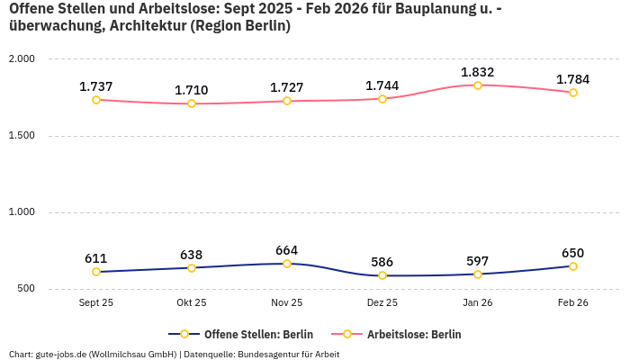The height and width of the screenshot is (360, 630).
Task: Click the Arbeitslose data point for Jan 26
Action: coord(478,85)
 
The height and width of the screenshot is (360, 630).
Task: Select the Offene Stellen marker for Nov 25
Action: coord(287,264)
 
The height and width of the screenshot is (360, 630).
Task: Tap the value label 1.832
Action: coord(478,72)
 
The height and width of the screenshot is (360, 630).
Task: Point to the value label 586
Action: coord(382,262)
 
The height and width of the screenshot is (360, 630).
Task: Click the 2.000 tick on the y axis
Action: coord(22,59)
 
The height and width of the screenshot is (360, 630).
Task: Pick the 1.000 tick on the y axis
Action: coord(22,212)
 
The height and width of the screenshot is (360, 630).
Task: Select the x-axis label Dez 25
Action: coord(382,303)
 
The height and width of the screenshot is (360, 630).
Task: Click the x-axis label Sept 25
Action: coord(96,303)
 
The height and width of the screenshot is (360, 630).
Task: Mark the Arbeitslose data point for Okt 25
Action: coord(192,103)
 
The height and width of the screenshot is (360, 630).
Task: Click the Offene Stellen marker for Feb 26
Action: coord(573,266)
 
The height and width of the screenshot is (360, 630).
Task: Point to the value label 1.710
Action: coord(192,90)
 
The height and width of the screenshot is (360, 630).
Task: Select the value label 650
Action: coord(573,253)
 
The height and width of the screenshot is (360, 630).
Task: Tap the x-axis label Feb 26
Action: coord(573,303)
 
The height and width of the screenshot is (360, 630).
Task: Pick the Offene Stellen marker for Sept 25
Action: coord(96,272)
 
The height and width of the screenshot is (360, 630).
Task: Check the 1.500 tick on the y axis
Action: coord(22,136)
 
